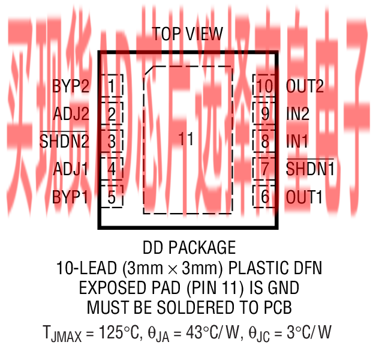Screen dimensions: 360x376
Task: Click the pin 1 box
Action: [112, 86]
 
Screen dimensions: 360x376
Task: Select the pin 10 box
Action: [264, 86]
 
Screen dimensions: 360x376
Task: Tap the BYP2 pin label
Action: [71, 86]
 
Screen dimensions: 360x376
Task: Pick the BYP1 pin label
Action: [71, 196]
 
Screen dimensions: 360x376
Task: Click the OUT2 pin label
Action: [305, 86]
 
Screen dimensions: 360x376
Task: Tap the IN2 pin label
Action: [298, 113]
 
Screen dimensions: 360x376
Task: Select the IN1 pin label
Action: [297, 142]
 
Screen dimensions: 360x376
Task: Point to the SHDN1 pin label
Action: [310, 169]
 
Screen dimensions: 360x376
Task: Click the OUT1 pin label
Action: [305, 196]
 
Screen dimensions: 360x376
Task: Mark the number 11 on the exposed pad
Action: [187, 139]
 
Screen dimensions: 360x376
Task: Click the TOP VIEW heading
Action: [187, 34]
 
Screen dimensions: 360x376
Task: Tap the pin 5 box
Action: [112, 196]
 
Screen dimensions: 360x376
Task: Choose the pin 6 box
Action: [264, 196]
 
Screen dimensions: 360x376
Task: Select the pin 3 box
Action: [112, 142]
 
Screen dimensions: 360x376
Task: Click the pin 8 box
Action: [264, 142]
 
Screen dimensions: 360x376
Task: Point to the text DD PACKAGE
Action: [189, 247]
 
